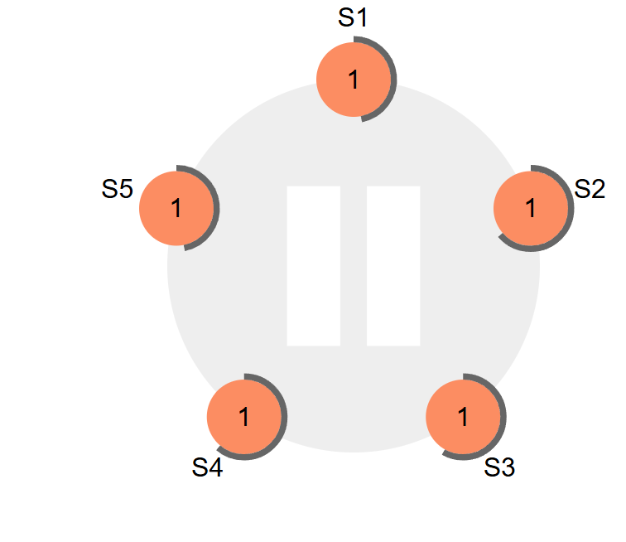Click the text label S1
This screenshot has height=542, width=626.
[353, 18]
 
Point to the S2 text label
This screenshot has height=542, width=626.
[590, 189]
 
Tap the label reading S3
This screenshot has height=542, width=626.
[499, 469]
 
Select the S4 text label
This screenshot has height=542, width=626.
[207, 468]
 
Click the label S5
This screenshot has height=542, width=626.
[118, 189]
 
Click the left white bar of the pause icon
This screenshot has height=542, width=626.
[313, 265]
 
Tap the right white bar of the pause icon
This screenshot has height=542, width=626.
[393, 265]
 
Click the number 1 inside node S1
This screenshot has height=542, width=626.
[354, 80]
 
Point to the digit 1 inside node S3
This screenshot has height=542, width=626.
[463, 417]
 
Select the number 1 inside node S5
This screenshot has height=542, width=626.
[176, 208]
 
